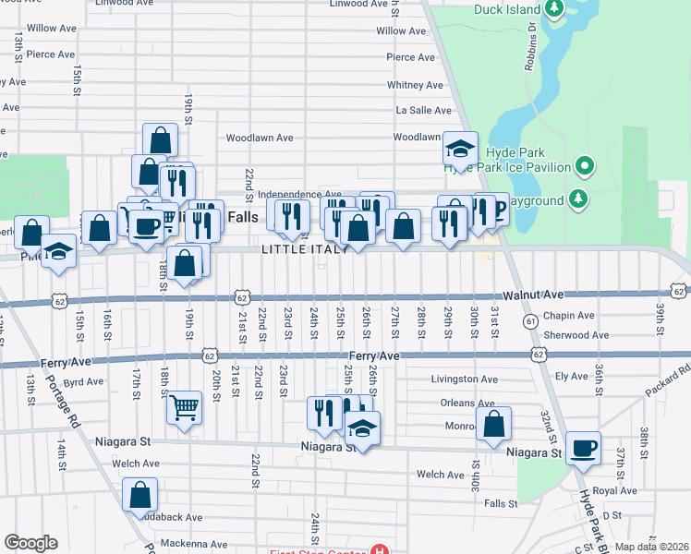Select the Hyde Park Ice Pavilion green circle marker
pyautogui.click(x=584, y=167)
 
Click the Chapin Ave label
pyautogui.click(x=595, y=316)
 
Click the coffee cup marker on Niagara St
pyautogui.click(x=583, y=448)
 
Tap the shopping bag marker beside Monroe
pyautogui.click(x=494, y=424)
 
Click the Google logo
pyautogui.click(x=30, y=543)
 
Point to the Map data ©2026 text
pyautogui.click(x=652, y=547)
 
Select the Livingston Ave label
pyautogui.click(x=466, y=379)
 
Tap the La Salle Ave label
pyautogui.click(x=423, y=110)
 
